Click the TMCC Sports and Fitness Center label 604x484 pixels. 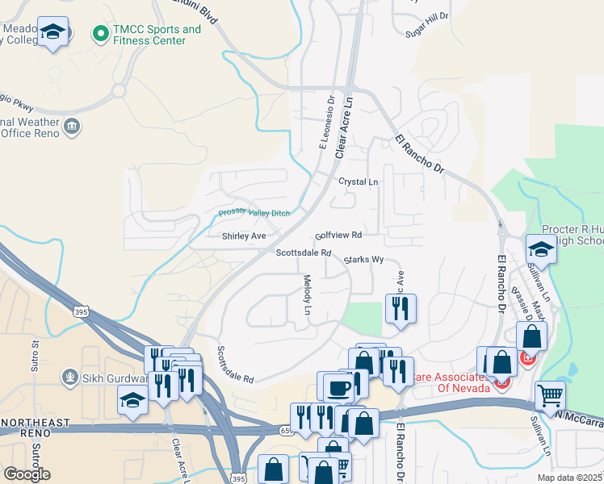(157, 35)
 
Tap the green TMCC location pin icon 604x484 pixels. (101, 34)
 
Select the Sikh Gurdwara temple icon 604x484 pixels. (71, 377)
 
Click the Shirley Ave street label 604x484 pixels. (244, 236)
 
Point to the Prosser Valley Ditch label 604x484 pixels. (254, 213)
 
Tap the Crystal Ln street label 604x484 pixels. (358, 182)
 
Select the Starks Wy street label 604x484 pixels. (363, 261)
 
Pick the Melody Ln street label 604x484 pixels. (307, 294)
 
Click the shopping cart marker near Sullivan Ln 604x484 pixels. (550, 395)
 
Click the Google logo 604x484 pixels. (27, 474)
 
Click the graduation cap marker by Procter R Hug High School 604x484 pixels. (541, 248)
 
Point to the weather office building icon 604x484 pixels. (71, 125)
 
